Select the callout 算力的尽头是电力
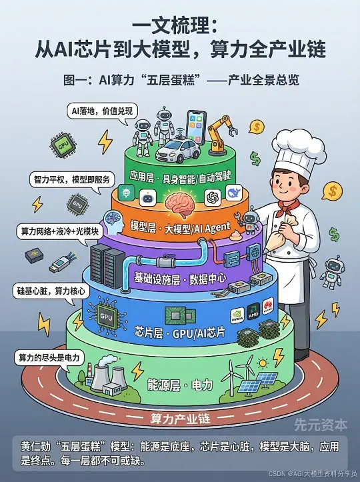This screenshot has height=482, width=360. [x=49, y=358]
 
